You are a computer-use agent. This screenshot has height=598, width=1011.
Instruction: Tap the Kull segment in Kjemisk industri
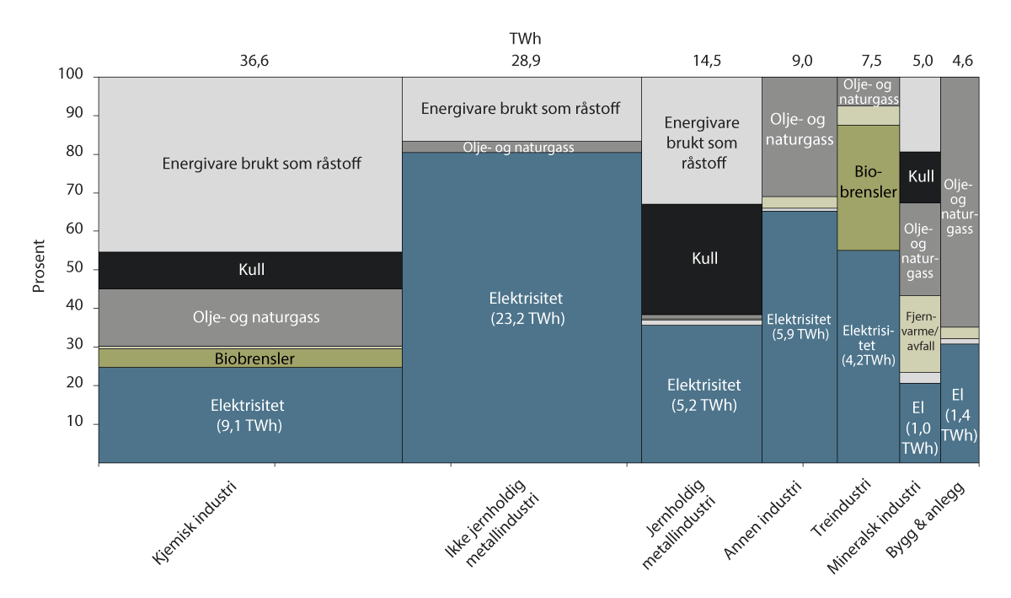[x=250, y=271]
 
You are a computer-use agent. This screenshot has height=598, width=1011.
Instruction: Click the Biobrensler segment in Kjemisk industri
[x=250, y=358]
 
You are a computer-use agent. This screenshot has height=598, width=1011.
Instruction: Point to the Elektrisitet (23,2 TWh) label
[x=522, y=308]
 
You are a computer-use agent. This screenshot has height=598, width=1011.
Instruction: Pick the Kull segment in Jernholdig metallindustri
[x=702, y=257]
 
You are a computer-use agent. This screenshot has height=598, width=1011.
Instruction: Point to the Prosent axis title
[x=39, y=269]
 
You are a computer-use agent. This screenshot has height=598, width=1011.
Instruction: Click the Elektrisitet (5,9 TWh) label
[x=799, y=327]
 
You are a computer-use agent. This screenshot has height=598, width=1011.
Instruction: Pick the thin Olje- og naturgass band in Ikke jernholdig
[x=522, y=147]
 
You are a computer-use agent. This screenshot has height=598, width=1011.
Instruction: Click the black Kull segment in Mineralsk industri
[x=919, y=177]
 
